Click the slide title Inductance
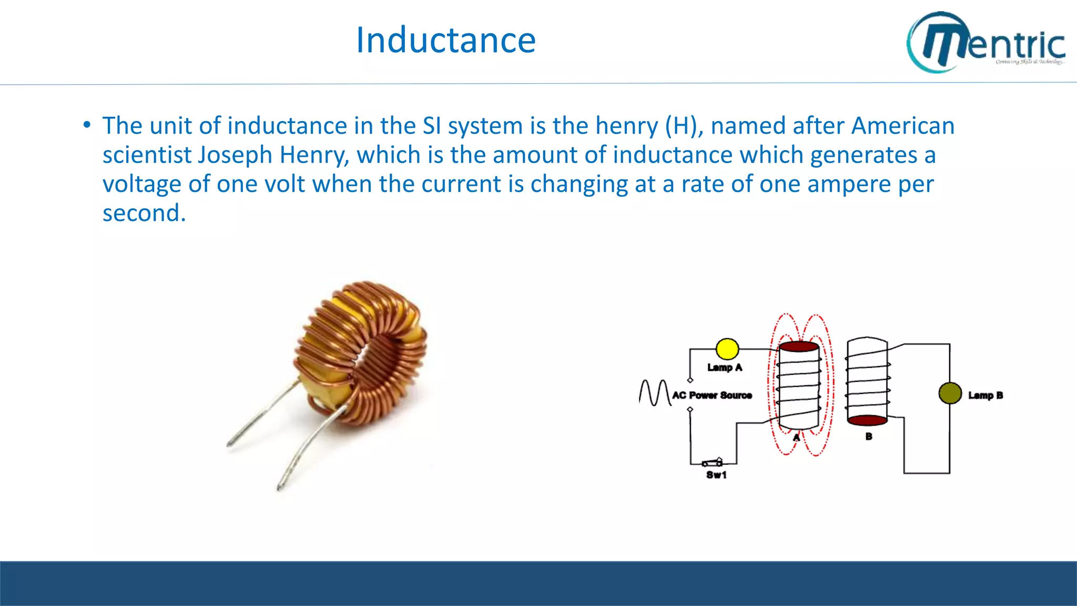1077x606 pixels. [446, 41]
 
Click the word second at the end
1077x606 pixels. [144, 214]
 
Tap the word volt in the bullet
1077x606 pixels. [285, 184]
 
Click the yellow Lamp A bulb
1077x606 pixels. [727, 349]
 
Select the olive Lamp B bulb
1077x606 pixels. [950, 393]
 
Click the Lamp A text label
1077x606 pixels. [725, 368]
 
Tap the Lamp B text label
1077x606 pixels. [985, 395]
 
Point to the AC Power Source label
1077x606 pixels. [712, 395]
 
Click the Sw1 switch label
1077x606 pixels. [716, 475]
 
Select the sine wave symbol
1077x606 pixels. [654, 392]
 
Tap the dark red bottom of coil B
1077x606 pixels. [867, 420]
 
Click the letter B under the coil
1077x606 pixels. [869, 437]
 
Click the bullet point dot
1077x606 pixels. [87, 125]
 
